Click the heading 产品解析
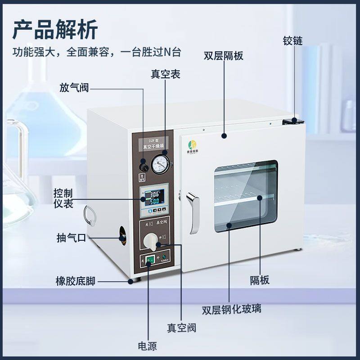[x=54, y=30]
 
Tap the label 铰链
[x=292, y=41]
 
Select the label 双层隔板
[x=224, y=56]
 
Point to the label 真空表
[x=165, y=74]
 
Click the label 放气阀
[x=74, y=88]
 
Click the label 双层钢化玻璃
[x=231, y=310]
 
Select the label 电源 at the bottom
[x=147, y=346]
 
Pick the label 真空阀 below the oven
[x=181, y=328]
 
